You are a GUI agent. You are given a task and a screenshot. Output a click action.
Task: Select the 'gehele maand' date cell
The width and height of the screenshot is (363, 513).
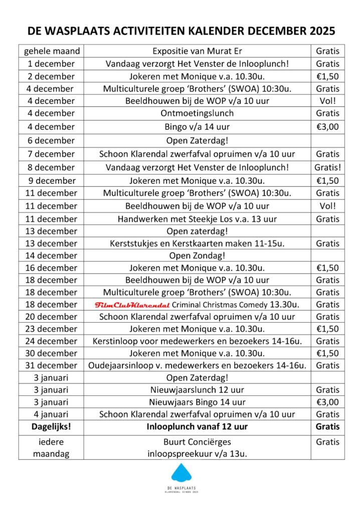point(51,51)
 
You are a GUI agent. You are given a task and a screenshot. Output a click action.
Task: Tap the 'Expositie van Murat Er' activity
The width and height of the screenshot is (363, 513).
point(197,51)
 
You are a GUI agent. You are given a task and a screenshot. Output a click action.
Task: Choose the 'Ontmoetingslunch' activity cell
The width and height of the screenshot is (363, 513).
point(197,113)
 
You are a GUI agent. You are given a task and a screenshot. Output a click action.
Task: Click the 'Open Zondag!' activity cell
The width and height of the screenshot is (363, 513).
point(197,255)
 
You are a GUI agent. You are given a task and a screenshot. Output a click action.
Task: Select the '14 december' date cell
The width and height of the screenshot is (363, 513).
point(51,255)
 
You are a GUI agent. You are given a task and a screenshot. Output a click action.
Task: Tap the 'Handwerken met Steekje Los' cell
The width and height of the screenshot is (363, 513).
point(197,219)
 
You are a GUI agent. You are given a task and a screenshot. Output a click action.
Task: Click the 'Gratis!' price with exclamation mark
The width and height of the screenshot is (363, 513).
point(327,167)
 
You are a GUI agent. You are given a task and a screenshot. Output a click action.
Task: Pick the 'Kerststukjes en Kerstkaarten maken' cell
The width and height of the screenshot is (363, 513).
point(197,243)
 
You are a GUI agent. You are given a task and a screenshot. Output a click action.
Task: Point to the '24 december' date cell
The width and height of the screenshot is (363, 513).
point(51,341)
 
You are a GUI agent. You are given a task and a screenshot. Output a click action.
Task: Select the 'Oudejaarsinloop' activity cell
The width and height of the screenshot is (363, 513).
point(197,365)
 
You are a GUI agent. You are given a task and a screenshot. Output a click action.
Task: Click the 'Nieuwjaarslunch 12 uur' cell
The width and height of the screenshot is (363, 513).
point(197,390)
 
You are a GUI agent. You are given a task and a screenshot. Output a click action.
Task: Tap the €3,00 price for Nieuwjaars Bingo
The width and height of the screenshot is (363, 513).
point(327,402)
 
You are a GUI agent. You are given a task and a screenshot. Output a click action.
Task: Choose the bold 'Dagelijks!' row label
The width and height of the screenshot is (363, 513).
point(51,427)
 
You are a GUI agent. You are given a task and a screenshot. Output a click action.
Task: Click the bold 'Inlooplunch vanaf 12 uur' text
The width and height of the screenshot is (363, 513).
point(197,427)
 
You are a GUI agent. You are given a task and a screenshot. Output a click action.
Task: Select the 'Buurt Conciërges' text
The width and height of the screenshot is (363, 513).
point(197,442)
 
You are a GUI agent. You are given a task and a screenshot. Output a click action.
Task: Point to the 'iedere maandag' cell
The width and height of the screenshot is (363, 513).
point(51,448)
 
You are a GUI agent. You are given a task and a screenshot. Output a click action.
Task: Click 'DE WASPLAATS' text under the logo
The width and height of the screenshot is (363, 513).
point(181,488)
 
